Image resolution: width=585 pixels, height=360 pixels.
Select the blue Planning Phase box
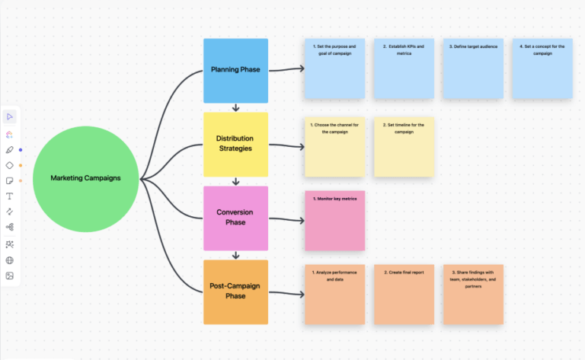235,70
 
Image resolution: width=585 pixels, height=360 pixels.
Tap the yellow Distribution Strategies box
235,144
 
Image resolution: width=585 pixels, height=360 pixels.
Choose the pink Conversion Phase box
235,218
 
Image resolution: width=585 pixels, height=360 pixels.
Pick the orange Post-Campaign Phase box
235,292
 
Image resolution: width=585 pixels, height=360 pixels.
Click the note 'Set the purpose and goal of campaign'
334,69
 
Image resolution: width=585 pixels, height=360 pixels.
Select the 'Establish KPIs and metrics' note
404,69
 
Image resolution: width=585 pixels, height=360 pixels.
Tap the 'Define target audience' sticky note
473,69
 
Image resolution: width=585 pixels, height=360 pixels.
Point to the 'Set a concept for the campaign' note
542,69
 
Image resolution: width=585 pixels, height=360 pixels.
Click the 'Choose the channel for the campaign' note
334,147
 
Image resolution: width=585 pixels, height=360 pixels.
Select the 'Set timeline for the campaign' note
404,147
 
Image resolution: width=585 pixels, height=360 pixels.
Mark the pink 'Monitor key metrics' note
334,221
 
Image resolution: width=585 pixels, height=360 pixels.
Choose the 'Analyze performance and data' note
334,294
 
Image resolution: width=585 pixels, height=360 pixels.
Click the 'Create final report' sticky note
404,294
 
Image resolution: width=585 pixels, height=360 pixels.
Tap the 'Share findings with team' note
473,294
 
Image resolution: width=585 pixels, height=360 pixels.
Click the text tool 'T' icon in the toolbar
10,196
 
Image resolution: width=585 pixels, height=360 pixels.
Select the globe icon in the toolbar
10,260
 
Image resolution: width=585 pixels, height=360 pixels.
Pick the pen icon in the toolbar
10,150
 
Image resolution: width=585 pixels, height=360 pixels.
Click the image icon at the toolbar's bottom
10,276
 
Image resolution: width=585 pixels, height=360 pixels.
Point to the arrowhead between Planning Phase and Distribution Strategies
235,108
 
